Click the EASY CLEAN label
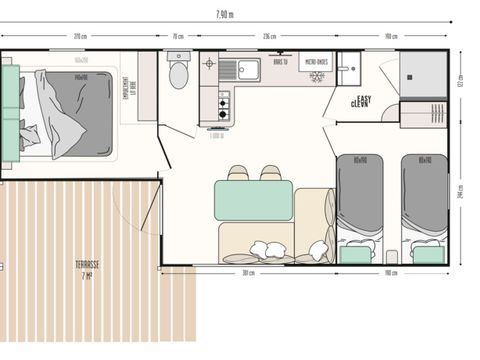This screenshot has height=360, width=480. [362, 101]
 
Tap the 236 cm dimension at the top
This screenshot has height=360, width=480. [269, 36]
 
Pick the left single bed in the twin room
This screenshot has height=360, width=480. [360, 205]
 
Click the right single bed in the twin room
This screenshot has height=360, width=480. [425, 205]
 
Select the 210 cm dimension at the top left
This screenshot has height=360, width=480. [78, 36]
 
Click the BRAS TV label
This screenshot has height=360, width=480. [281, 62]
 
